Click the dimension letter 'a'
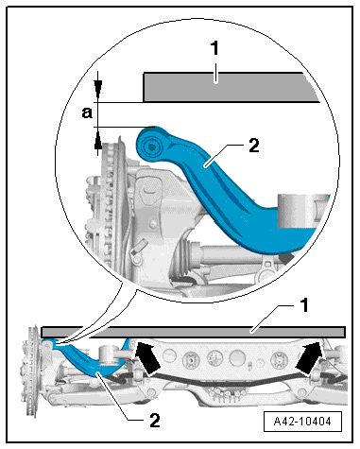click(87, 112)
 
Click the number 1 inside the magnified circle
click(214, 48)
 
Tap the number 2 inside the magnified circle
click(254, 146)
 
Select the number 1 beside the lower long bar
click(303, 305)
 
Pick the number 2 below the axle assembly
click(154, 420)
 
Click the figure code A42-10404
click(302, 421)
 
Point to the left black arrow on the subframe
click(148, 357)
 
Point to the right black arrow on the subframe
click(310, 357)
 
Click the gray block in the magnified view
click(229, 87)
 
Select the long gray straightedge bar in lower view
click(194, 332)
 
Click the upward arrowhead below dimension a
click(98, 145)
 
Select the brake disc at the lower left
click(32, 371)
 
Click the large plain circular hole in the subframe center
click(237, 357)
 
